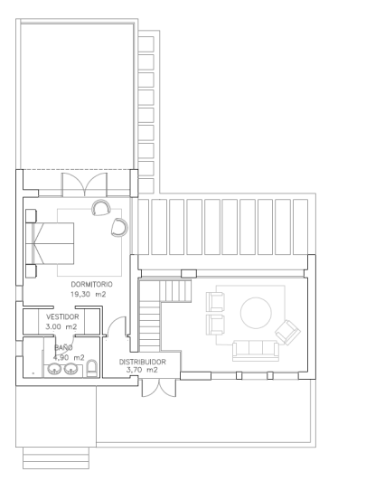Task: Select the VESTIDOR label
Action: click(63, 318)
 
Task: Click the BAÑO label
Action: click(63, 347)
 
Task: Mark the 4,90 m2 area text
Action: click(67, 357)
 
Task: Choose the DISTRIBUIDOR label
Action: click(143, 361)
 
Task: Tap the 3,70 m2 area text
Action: click(143, 370)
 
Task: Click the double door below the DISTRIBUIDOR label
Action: click(151, 387)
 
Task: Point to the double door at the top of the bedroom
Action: click(81, 184)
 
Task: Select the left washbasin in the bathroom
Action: click(53, 369)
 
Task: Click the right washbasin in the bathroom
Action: click(70, 369)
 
